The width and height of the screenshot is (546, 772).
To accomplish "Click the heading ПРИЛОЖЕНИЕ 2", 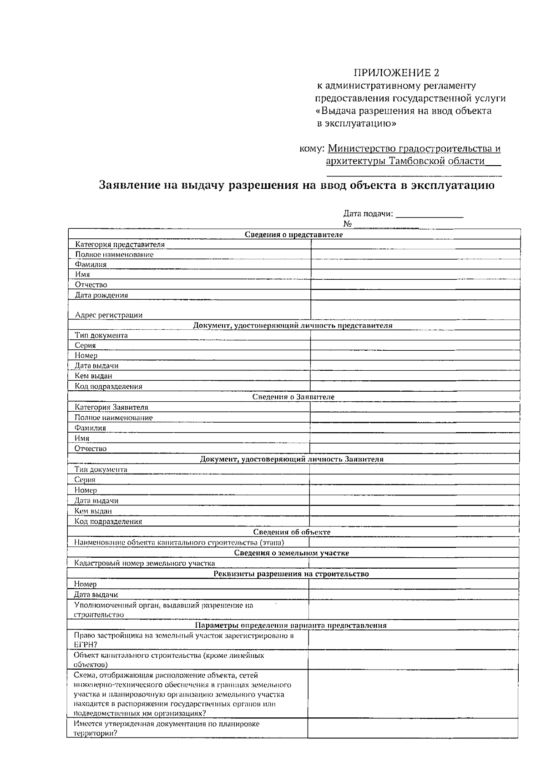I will tap(397, 73).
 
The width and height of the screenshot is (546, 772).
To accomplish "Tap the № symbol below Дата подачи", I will tap(348, 224).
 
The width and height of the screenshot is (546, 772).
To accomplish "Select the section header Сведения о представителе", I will tap(293, 235).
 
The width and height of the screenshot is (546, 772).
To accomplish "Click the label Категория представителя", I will tap(120, 245).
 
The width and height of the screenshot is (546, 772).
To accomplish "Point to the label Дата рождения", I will tap(101, 295).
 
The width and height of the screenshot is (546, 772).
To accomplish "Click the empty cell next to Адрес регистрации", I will tap(415, 310).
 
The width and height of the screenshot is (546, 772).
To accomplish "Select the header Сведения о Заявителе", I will tap(293, 397).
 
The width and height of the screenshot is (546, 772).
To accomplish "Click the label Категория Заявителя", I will tap(111, 408).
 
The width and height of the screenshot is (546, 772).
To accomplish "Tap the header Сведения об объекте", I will tap(292, 532).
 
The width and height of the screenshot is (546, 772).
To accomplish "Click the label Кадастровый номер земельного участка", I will tap(144, 563).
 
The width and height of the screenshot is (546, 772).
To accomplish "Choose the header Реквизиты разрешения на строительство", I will tap(291, 574).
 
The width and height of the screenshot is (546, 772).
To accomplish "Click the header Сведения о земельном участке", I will tap(292, 553).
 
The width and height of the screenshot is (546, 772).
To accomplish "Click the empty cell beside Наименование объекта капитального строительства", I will tap(413, 542).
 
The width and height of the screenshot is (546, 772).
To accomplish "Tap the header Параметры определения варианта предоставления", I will tap(291, 626).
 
